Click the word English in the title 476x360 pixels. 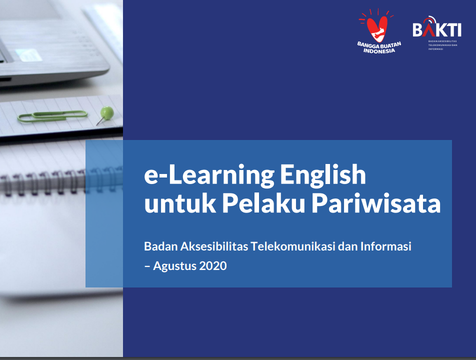coord(322,175)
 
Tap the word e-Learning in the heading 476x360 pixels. coord(209,175)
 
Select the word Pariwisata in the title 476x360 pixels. coord(376,203)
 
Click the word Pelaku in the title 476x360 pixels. coord(263,203)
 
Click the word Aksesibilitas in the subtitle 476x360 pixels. coord(214,246)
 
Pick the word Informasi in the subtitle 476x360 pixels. coord(386,246)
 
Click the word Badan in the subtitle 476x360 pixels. coord(161,246)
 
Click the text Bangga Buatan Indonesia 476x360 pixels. coord(379,47)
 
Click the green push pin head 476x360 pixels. coord(107,112)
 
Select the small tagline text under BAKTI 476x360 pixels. coord(442,45)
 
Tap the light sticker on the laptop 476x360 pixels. coord(28,55)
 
